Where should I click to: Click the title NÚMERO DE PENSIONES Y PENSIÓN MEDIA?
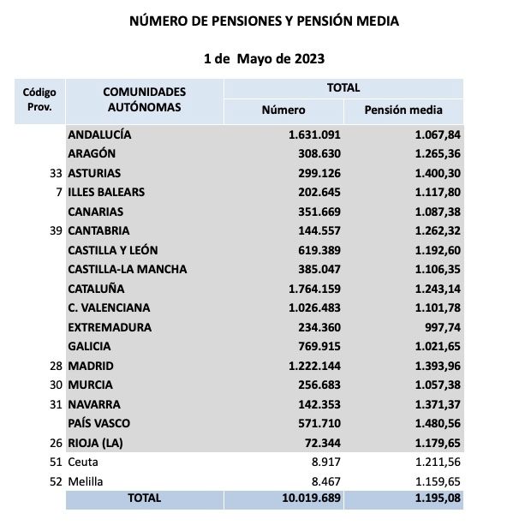point(263,21)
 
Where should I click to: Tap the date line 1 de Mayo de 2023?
point(264,59)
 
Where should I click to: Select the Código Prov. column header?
point(39,100)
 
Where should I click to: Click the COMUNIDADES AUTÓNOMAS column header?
point(144,100)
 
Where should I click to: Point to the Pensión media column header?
point(403,110)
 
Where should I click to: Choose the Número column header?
point(283,110)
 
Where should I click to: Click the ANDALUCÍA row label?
point(99,134)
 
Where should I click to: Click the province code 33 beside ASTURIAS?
point(57,173)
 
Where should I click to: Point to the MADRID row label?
point(91,366)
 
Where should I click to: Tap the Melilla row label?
point(86,481)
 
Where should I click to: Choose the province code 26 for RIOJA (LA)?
point(57,443)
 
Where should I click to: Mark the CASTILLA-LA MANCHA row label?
point(127,269)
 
